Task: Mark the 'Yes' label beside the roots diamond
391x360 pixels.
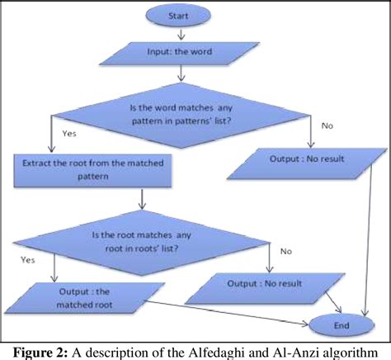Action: pos(26,258)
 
